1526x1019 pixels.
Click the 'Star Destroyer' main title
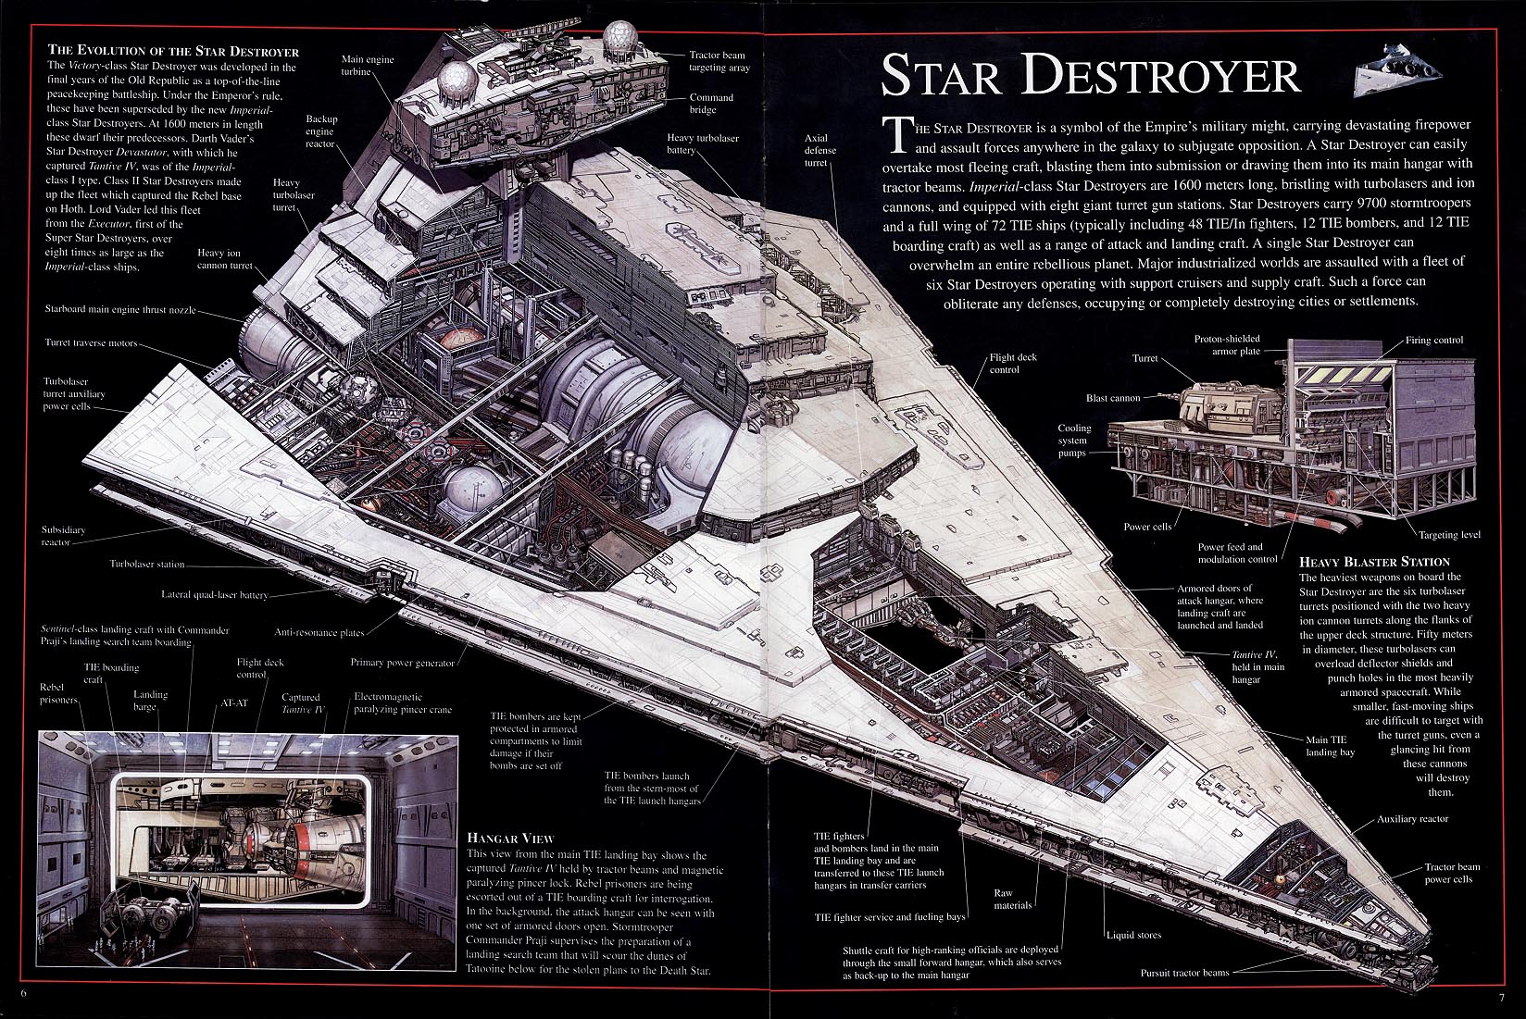[x=1092, y=76]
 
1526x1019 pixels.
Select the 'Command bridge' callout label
[x=711, y=104]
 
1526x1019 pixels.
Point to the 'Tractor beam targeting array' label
[x=719, y=61]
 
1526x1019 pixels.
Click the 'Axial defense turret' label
[x=819, y=151]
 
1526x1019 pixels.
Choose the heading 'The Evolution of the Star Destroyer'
[x=173, y=51]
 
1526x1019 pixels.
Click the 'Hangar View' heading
[x=511, y=838]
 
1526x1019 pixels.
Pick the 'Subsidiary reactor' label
[x=63, y=536]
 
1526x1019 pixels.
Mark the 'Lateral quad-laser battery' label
[x=215, y=594]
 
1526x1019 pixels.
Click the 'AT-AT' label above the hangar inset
[x=233, y=702]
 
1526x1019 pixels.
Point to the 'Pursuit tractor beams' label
[x=1184, y=973]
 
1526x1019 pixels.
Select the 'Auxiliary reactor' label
[x=1412, y=819]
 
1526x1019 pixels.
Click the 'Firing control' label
[x=1434, y=340]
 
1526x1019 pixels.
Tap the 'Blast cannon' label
[x=1113, y=398]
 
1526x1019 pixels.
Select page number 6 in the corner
[x=23, y=993]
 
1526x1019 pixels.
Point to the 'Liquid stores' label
[x=1133, y=935]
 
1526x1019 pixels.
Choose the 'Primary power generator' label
[x=403, y=663]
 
